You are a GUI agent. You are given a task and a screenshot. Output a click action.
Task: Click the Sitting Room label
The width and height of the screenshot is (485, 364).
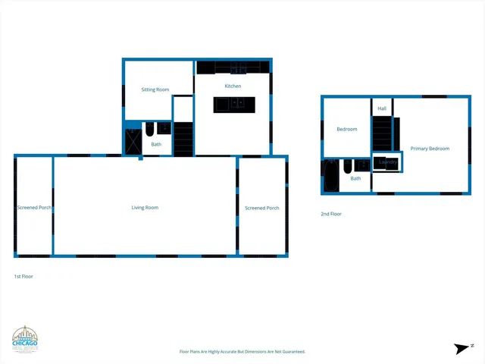pos(155,89)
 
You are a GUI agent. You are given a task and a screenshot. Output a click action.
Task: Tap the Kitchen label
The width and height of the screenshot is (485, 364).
pos(233,86)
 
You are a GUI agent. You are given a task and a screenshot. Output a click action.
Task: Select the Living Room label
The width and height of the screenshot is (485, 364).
pos(145,207)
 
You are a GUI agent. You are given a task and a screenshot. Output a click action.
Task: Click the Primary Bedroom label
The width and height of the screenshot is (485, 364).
pos(430,149)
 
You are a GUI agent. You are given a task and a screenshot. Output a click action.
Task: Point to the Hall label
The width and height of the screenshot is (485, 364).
pos(382,108)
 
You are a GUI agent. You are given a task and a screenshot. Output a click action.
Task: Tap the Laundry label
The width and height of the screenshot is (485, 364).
pos(388,162)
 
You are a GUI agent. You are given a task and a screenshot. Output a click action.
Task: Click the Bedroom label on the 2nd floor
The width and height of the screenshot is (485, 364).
pos(346,129)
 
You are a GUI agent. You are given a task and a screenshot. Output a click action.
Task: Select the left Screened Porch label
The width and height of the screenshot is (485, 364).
pos(34,207)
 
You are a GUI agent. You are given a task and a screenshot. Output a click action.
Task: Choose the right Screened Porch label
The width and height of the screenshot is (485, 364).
pos(261,208)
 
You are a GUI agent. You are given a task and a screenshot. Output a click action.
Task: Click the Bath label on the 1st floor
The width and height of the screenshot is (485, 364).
pos(156,144)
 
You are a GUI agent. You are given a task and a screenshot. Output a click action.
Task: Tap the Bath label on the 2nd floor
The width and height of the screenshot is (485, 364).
pos(355,178)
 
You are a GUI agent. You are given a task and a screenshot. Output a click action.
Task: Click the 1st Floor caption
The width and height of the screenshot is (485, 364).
pos(23,277)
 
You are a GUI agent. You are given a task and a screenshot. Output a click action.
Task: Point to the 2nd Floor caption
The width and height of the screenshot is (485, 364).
pos(331,214)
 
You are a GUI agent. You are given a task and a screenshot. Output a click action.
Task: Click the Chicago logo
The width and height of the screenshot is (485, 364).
pos(24,340)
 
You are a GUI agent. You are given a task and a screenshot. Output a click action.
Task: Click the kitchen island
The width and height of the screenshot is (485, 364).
pos(233,105)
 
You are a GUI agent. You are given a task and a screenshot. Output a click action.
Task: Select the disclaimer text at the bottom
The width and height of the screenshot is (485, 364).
pos(242,352)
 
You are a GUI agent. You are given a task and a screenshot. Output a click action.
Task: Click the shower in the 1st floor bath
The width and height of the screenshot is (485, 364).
pos(133,143)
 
